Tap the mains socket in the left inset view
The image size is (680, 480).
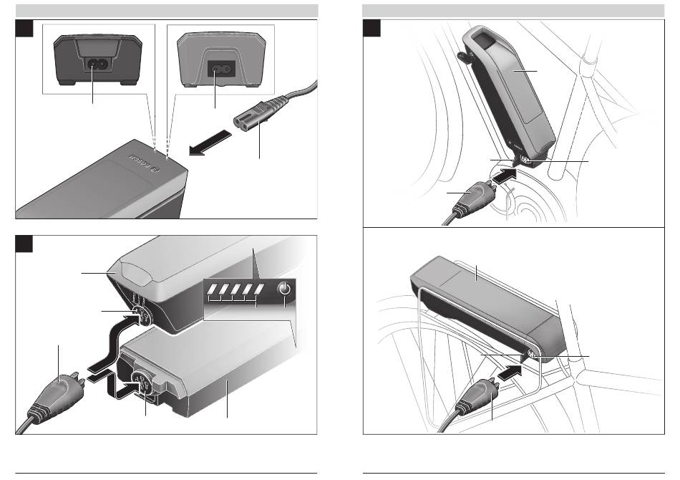click(x=99, y=62)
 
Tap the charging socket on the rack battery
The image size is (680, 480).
click(x=533, y=355)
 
